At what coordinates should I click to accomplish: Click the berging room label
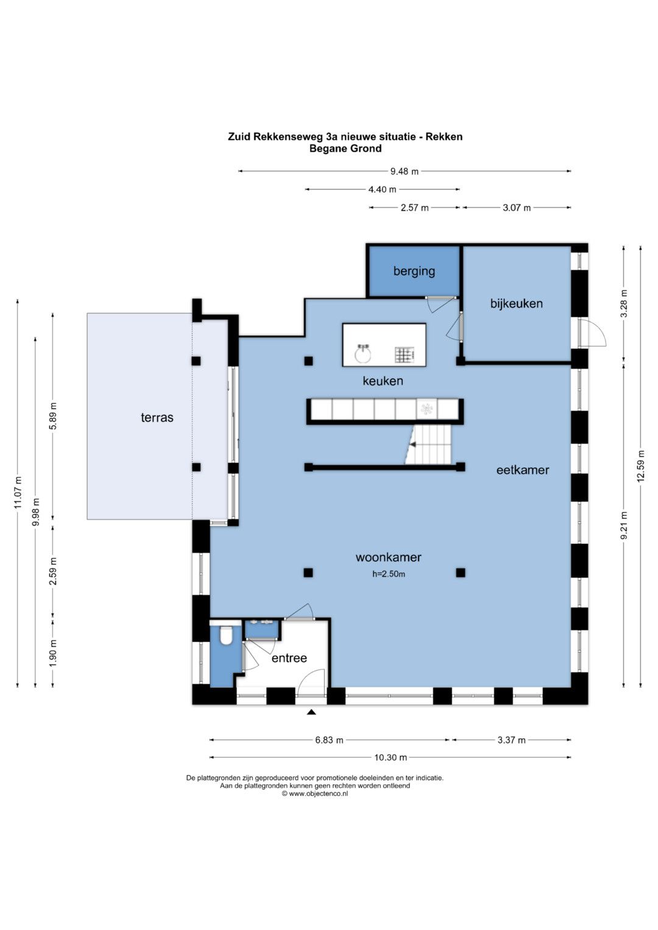click(x=414, y=272)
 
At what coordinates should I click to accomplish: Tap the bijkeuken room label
click(x=517, y=303)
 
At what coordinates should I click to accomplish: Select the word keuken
click(x=383, y=381)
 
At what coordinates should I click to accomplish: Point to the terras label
click(x=157, y=417)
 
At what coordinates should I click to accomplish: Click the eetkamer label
click(x=523, y=470)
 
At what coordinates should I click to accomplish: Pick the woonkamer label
click(x=389, y=557)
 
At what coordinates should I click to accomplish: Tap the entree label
click(x=289, y=658)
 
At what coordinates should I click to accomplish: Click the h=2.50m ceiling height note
click(x=389, y=574)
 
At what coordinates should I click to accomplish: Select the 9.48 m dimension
click(x=404, y=172)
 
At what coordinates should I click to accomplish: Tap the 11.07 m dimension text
click(x=17, y=493)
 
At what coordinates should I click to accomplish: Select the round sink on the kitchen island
click(x=364, y=353)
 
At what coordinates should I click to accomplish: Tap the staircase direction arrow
click(x=413, y=445)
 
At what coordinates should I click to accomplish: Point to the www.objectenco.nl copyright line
click(x=315, y=794)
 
